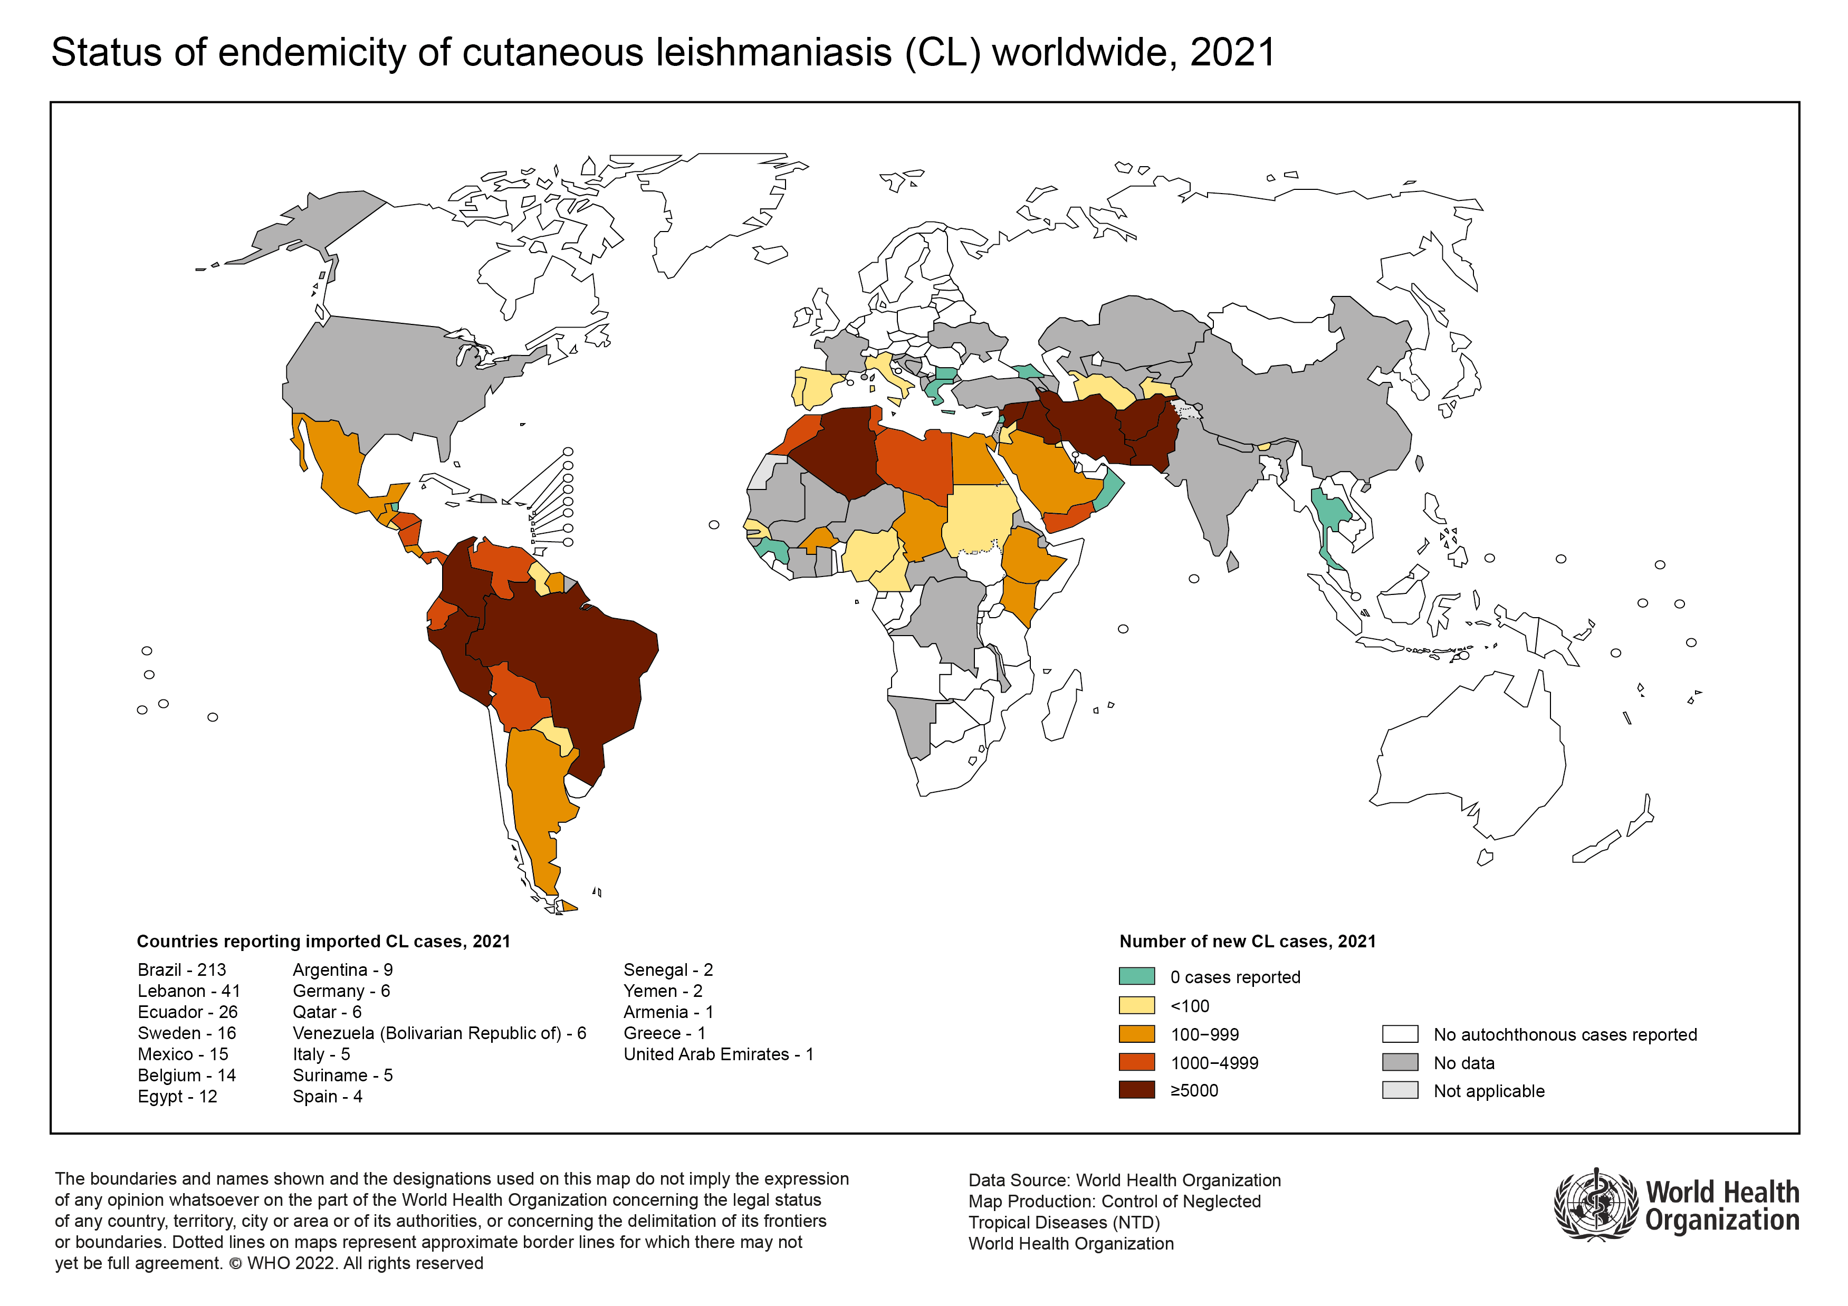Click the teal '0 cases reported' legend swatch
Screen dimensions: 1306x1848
coord(1136,976)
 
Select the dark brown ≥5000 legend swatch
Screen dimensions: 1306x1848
coord(1136,1090)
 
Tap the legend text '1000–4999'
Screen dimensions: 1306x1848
coord(1214,1063)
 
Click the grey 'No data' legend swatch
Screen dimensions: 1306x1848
coord(1399,1062)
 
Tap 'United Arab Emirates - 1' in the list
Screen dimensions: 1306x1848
coord(718,1054)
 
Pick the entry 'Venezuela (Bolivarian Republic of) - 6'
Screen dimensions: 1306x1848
coord(439,1033)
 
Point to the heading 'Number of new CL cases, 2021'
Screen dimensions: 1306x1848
coord(1247,942)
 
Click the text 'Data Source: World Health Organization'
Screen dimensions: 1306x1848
coord(1124,1180)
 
